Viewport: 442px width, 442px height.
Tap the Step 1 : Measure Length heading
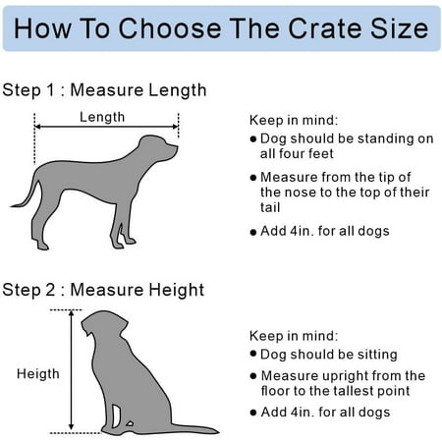pos(104,90)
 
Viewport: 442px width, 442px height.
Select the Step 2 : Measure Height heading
pos(103,290)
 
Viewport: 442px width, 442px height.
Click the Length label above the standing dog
pos(102,117)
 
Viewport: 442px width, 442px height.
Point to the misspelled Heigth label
pos(38,374)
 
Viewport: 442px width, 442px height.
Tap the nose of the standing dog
pos(176,148)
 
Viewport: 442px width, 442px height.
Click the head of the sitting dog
pos(104,324)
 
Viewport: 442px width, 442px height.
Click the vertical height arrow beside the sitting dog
pos(72,370)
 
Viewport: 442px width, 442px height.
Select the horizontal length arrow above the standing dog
pos(106,127)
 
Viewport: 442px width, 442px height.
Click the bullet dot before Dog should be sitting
pos(252,354)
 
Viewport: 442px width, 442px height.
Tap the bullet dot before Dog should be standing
pos(252,139)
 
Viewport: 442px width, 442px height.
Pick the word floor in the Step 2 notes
pos(275,391)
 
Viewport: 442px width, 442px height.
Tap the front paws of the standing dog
pos(124,243)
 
